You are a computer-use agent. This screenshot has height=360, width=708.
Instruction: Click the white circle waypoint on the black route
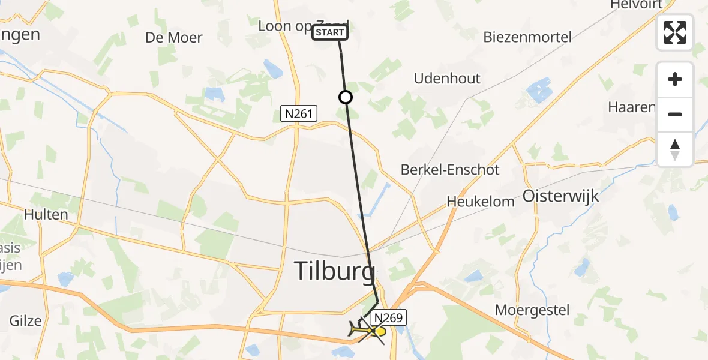click(345, 97)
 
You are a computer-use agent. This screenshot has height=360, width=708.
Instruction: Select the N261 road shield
click(299, 113)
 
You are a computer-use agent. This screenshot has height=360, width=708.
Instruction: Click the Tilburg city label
click(334, 271)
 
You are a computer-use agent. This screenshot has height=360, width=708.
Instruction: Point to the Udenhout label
click(447, 79)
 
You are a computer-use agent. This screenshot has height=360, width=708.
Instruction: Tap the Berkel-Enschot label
click(450, 170)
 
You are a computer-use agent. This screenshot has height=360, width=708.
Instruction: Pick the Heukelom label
click(481, 202)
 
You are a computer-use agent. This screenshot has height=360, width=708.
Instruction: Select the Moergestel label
click(532, 310)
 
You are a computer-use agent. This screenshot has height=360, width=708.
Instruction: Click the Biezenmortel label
click(527, 37)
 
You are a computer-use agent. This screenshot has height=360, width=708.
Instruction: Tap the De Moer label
click(173, 37)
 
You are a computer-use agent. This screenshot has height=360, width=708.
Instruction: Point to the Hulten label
click(46, 214)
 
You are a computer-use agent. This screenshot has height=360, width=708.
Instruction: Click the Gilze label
click(25, 320)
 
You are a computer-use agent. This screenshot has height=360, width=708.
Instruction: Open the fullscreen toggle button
click(675, 32)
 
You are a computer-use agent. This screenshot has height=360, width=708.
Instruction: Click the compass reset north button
click(675, 149)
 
